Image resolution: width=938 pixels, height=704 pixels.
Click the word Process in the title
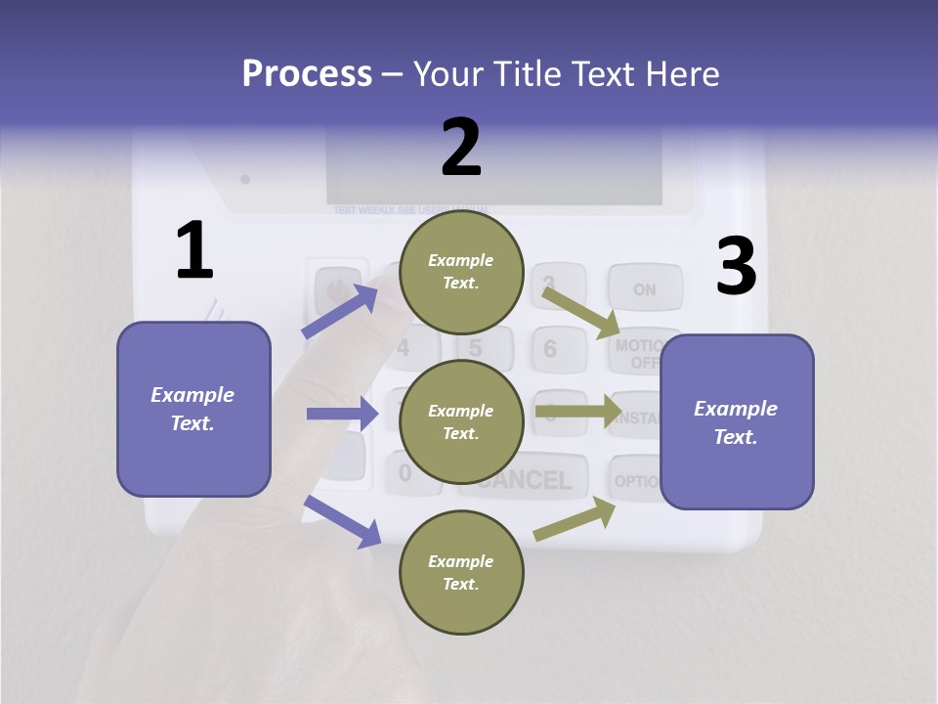click(x=307, y=74)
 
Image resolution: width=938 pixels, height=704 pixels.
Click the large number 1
click(x=194, y=251)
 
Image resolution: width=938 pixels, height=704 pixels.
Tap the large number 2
click(x=461, y=149)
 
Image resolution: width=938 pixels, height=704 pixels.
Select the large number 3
click(x=736, y=267)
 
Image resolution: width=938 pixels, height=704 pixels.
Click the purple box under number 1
click(x=193, y=409)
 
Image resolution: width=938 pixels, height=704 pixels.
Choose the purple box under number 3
click(x=737, y=422)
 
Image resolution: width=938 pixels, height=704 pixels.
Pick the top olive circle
click(x=461, y=272)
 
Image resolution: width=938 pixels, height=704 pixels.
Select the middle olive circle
click(x=461, y=422)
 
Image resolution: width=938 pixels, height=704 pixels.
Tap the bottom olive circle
click(x=461, y=572)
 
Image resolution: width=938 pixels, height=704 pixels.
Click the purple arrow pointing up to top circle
click(x=339, y=312)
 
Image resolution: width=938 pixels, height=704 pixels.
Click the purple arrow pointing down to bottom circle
click(x=342, y=520)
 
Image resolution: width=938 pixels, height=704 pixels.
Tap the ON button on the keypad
click(x=644, y=289)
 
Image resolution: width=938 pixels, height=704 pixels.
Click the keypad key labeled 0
click(x=405, y=473)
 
